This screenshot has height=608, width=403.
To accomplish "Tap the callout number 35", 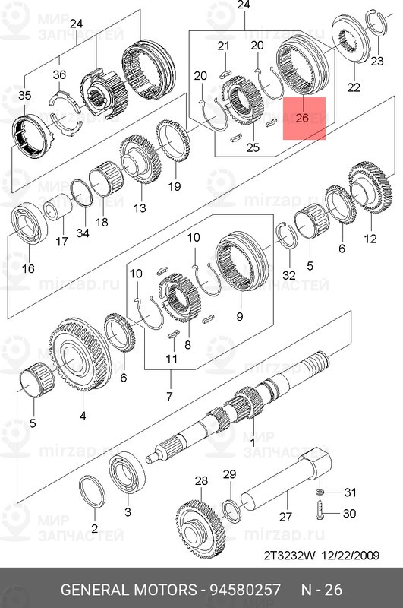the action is pyautogui.click(x=25, y=95).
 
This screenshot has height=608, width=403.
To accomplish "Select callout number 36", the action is pyautogui.click(x=59, y=74).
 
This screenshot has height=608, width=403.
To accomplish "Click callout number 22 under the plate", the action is pyautogui.click(x=354, y=87).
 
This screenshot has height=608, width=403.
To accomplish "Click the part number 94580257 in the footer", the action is pyautogui.click(x=245, y=590).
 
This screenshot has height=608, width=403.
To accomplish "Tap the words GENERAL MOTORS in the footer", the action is pyautogui.click(x=129, y=590).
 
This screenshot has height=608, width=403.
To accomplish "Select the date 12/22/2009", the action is pyautogui.click(x=350, y=556).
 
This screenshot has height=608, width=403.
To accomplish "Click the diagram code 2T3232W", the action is pyautogui.click(x=290, y=556).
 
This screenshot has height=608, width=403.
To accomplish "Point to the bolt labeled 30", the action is pyautogui.click(x=320, y=509).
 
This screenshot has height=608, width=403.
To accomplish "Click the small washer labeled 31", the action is pyautogui.click(x=320, y=492).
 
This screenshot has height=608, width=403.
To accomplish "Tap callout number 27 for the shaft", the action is pyautogui.click(x=285, y=517).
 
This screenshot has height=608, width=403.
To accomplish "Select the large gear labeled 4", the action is pyautogui.click(x=80, y=356).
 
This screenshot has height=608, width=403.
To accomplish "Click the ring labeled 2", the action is pyautogui.click(x=93, y=491).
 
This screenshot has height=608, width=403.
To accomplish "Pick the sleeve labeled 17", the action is pyautogui.click(x=58, y=207).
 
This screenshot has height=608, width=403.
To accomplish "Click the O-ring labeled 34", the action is pyautogui.click(x=81, y=194).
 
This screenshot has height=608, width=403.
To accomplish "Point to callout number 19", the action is pyautogui.click(x=175, y=186).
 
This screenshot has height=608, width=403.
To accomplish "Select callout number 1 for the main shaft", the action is pyautogui.click(x=253, y=442).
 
